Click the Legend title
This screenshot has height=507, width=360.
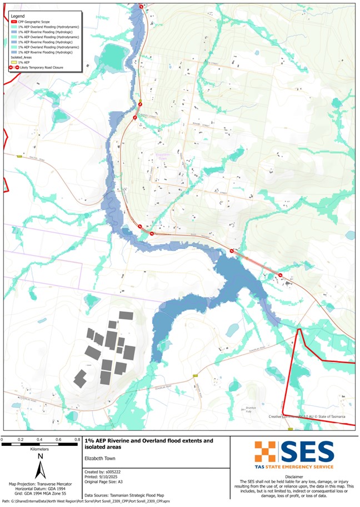18,17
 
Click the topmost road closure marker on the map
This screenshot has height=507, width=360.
142,6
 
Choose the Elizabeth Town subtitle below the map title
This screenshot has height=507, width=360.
102,459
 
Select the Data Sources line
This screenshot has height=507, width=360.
129,494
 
